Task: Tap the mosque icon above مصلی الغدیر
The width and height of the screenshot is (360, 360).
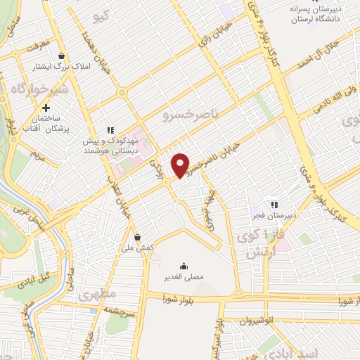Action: pyautogui.click(x=184, y=265)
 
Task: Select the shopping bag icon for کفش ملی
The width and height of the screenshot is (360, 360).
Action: pyautogui.click(x=137, y=237)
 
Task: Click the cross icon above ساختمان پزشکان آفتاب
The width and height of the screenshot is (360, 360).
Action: pyautogui.click(x=46, y=108)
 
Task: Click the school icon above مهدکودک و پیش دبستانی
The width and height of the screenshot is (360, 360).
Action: pyautogui.click(x=110, y=129)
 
